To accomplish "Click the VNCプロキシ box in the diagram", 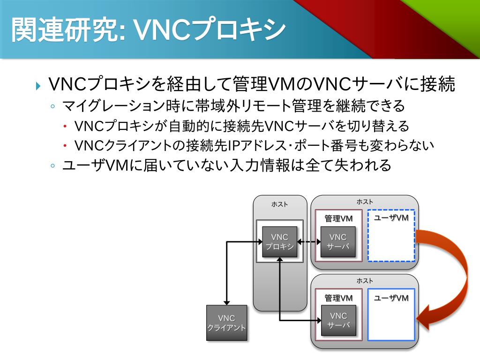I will coord(279,242).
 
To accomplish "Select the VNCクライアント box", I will coord(226,323).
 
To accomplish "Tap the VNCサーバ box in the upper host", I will coord(338,242).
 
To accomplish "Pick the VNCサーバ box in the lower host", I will coord(338,320).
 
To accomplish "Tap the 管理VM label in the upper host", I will coord(338,218).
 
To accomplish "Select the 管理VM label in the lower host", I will coord(338,298).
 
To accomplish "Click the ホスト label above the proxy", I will coord(280,204).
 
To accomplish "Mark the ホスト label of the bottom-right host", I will coord(365,280).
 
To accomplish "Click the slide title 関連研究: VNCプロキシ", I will coord(148,30).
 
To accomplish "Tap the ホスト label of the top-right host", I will coord(365,202).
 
